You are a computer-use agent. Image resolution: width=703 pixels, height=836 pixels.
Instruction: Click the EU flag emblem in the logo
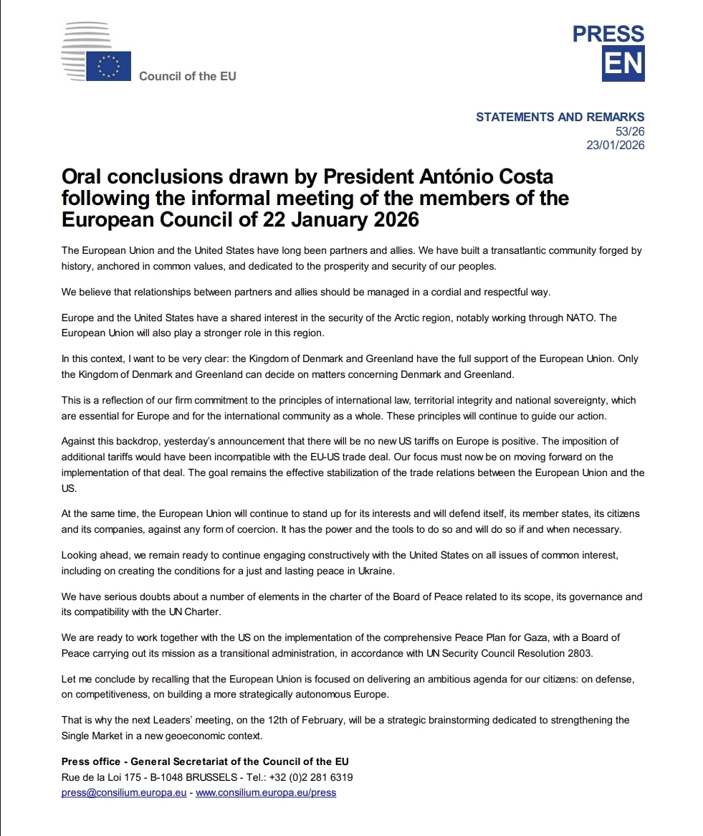(x=109, y=66)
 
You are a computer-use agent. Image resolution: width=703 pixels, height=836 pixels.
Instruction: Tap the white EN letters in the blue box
(x=623, y=65)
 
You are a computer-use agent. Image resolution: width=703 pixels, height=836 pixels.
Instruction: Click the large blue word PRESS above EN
(x=608, y=34)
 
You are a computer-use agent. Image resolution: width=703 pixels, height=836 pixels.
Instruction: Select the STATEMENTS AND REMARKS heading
(x=560, y=117)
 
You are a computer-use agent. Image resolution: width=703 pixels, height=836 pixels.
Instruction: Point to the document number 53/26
(x=630, y=131)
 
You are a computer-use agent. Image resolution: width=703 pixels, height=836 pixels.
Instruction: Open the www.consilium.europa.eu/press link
(x=266, y=792)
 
